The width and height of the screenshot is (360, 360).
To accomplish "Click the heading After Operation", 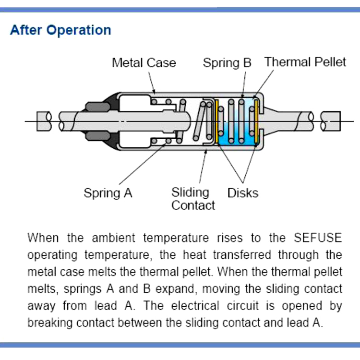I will (x=60, y=30).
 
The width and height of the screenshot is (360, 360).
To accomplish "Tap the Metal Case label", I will (x=144, y=62).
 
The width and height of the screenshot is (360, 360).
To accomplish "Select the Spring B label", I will (x=227, y=62).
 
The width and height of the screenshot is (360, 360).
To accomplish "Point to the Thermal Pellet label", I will (x=305, y=62).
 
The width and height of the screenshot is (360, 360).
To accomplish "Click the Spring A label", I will (x=108, y=193).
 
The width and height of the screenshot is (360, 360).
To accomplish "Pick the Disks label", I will (x=242, y=193).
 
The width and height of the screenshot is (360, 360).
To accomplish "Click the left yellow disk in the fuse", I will (x=216, y=122).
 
